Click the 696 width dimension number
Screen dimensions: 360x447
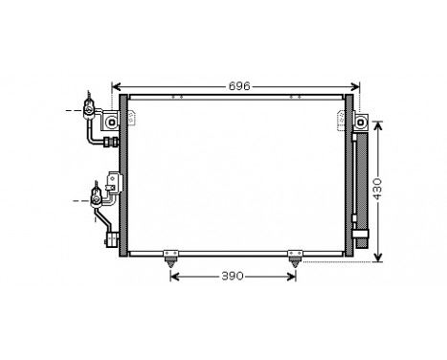tap(238, 86)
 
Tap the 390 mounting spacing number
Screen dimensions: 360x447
tap(232, 276)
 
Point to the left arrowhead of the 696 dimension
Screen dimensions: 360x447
tap(117, 86)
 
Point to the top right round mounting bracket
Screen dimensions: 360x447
tap(362, 122)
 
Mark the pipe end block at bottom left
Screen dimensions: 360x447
tap(112, 238)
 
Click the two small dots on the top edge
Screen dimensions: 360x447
tap(178, 97)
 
